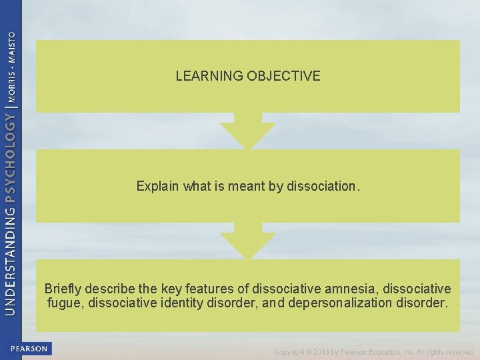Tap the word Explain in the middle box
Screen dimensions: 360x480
157,187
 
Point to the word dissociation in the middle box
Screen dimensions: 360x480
323,187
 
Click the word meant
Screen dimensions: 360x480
246,187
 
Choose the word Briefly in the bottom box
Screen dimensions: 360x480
64,289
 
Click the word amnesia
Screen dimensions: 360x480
351,289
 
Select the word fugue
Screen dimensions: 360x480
65,303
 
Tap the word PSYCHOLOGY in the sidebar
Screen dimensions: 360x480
11,157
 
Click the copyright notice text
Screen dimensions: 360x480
373,351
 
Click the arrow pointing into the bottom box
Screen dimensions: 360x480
247,241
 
